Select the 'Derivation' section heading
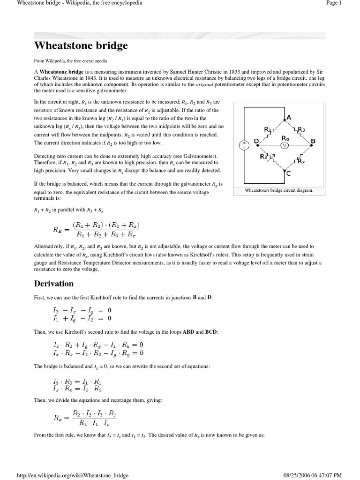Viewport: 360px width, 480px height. [54, 284]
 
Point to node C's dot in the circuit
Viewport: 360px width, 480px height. [284, 170]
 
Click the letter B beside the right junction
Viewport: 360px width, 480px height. [313, 141]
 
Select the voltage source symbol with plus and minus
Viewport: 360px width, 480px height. [244, 145]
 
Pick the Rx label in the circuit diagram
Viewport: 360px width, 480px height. [301, 161]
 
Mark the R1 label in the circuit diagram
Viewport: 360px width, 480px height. [268, 129]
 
